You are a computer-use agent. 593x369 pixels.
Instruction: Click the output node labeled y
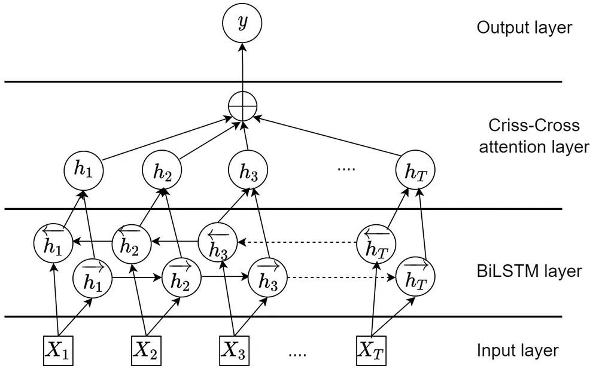[x=242, y=23]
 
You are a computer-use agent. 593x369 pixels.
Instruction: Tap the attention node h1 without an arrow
[x=83, y=170]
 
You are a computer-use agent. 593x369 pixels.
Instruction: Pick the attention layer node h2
[x=162, y=172]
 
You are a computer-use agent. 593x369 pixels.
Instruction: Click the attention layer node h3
[x=248, y=172]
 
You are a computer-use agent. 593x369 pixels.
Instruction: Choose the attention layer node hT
[x=415, y=172]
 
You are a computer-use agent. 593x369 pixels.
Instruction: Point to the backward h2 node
[x=130, y=243]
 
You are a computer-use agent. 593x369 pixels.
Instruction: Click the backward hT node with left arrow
[x=375, y=243]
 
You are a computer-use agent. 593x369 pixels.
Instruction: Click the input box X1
[x=59, y=350]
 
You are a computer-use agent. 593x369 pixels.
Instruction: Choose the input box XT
[x=371, y=350]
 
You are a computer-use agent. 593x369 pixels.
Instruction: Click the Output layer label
[x=524, y=28]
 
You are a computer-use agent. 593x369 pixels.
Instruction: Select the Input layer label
[x=518, y=350]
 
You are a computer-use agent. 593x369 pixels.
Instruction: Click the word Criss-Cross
[x=534, y=126]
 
